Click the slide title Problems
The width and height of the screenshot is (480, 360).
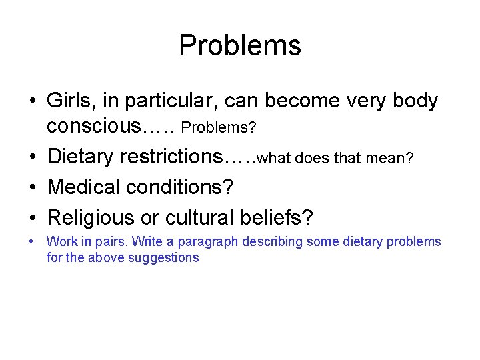[240, 45]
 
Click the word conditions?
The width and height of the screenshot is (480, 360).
[183, 187]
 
